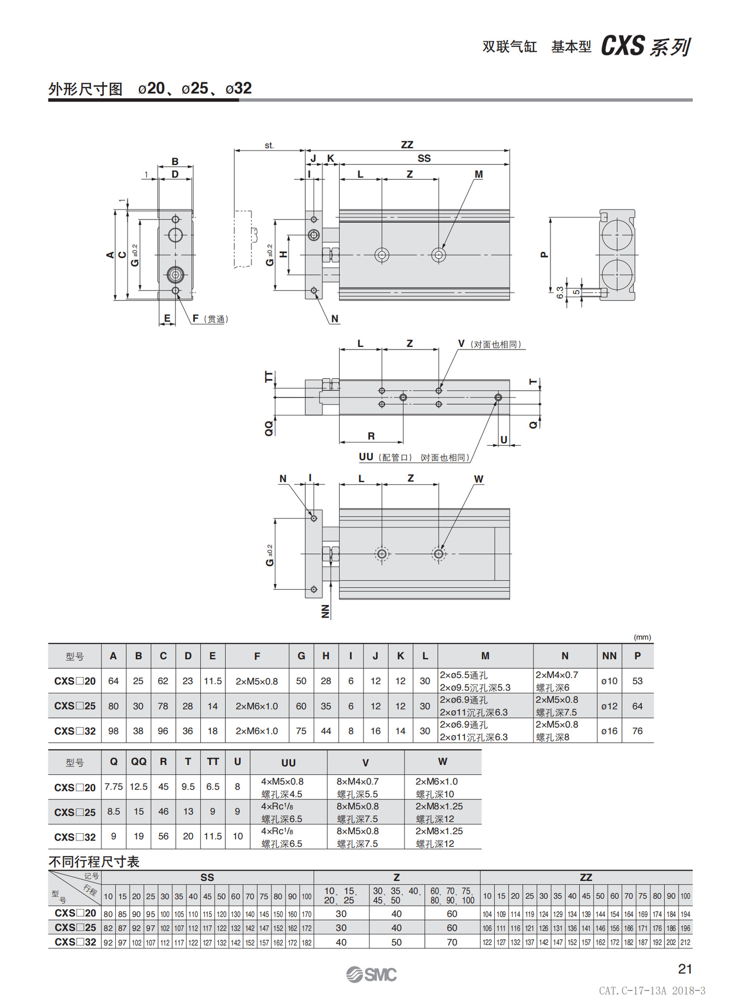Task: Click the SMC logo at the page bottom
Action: click(371, 974)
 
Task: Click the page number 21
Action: click(685, 969)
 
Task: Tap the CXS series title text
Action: click(646, 46)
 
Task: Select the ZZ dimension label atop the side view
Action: click(407, 145)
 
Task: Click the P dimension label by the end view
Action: click(544, 254)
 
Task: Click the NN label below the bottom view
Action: click(326, 611)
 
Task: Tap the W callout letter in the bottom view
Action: click(478, 479)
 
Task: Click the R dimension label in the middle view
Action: click(371, 436)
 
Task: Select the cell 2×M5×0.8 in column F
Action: click(257, 681)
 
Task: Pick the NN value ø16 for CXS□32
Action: click(609, 731)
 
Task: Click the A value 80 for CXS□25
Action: click(113, 706)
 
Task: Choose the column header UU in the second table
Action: click(288, 763)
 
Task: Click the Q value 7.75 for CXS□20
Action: click(114, 787)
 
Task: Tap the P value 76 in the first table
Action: click(637, 731)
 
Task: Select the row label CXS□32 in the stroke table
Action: click(75, 942)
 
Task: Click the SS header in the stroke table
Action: click(207, 878)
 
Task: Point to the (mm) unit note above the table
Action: click(642, 637)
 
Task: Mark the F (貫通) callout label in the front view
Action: click(210, 319)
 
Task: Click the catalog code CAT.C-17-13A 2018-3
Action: click(652, 990)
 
